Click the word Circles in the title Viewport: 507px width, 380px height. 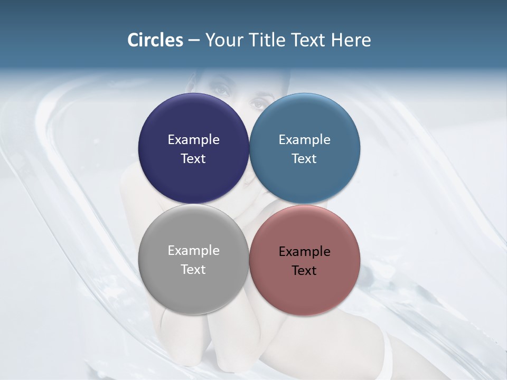coord(155,40)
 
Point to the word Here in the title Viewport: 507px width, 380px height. coord(351,40)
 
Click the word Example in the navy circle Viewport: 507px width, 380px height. coord(193,140)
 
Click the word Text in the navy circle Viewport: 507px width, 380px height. coord(193,159)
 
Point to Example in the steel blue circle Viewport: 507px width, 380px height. coord(305,140)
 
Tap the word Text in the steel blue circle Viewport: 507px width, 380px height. coord(305,159)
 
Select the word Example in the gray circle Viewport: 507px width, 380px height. coord(193,251)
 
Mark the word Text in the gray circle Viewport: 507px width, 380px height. coord(193,270)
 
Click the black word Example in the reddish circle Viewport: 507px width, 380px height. coord(305,252)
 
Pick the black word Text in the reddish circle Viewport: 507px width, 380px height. coord(305,271)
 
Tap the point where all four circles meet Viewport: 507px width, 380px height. coord(249,204)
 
